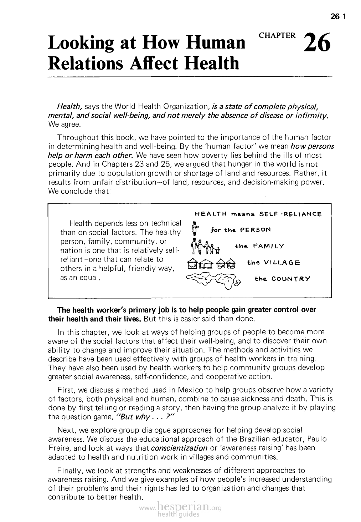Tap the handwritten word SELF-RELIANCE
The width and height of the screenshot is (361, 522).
tap(293, 214)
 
